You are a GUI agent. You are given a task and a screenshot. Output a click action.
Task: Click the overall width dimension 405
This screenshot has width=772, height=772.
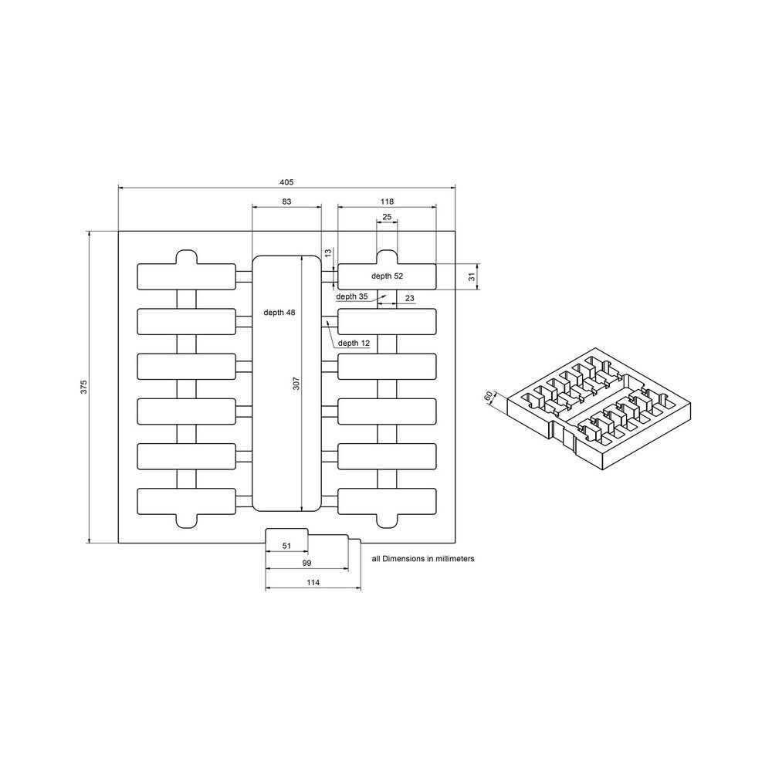pyautogui.click(x=286, y=181)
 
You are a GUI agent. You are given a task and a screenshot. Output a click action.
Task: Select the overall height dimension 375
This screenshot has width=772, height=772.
pyautogui.click(x=83, y=386)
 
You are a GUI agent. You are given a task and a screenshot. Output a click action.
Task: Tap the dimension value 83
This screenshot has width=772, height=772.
pyautogui.click(x=286, y=201)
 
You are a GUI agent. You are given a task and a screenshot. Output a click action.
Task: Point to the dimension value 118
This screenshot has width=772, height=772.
pyautogui.click(x=387, y=201)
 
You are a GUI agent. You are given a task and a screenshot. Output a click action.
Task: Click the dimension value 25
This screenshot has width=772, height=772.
pyautogui.click(x=387, y=217)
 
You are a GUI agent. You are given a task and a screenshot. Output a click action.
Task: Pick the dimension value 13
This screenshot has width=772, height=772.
pyautogui.click(x=327, y=252)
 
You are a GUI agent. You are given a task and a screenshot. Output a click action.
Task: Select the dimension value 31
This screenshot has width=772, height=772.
pyautogui.click(x=472, y=276)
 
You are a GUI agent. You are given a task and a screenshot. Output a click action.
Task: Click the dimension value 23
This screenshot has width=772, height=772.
pyautogui.click(x=408, y=298)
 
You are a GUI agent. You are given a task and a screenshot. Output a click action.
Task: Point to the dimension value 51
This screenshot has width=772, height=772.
pyautogui.click(x=286, y=546)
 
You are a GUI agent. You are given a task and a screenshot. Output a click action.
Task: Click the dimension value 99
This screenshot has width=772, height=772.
pyautogui.click(x=308, y=564)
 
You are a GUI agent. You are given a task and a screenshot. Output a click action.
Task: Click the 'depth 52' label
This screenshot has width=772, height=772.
pyautogui.click(x=387, y=276)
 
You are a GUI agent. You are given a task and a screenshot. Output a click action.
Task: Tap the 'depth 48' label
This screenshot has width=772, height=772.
pyautogui.click(x=279, y=313)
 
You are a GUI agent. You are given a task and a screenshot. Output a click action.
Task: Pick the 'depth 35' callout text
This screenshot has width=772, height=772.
pyautogui.click(x=352, y=296)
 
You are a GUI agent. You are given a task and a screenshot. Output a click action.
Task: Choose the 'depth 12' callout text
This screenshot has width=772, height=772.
pyautogui.click(x=354, y=343)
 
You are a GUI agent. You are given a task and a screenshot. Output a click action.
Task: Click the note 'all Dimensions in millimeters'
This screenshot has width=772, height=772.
pyautogui.click(x=422, y=557)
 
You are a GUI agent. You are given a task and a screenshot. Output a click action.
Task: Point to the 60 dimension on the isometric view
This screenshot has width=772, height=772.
pyautogui.click(x=488, y=397)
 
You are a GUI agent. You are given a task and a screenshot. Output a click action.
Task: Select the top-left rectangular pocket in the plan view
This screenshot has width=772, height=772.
pyautogui.click(x=186, y=276)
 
